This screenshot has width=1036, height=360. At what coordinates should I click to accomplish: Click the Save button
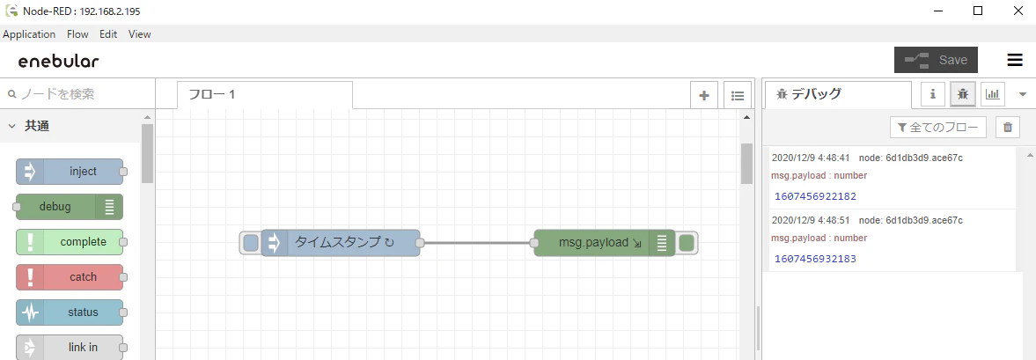[x=936, y=60]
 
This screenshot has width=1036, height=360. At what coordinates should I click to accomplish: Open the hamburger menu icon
[x=1015, y=60]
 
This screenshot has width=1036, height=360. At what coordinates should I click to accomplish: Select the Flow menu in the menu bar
[x=77, y=34]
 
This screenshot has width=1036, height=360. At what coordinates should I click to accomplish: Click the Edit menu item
[x=108, y=34]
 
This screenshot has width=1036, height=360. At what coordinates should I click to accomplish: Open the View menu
[x=139, y=34]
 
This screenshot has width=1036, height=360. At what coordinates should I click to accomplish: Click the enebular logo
[x=59, y=62]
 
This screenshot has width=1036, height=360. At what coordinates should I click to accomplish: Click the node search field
[x=77, y=94]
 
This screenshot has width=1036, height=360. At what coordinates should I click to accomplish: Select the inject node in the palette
[x=70, y=172]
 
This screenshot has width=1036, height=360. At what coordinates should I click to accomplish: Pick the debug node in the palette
[x=70, y=207]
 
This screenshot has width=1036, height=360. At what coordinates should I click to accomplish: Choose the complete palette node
[x=70, y=242]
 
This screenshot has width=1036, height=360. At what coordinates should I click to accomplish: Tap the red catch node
[x=70, y=276]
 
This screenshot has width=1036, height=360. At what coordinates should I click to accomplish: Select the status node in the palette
[x=70, y=312]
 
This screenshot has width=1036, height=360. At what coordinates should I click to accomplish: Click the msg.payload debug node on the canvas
[x=605, y=243]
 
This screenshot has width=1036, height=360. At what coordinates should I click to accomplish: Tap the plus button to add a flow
[x=704, y=95]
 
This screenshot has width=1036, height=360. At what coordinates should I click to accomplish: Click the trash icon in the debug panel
[x=1008, y=128]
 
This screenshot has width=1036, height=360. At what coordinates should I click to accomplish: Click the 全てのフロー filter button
[x=938, y=128]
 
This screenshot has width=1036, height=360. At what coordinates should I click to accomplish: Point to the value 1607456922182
[x=815, y=197]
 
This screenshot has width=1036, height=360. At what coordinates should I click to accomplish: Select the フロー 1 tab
[x=265, y=95]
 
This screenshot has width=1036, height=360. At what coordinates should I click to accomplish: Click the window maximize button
[x=978, y=11]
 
